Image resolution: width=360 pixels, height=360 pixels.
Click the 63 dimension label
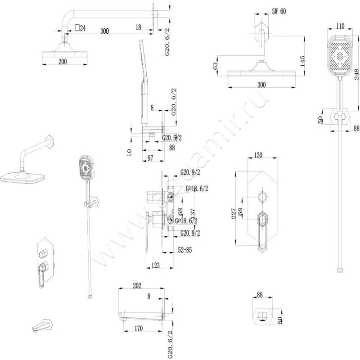pyautogui.click(x=216, y=66)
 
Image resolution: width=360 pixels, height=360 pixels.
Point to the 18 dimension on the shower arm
pyautogui.click(x=139, y=27)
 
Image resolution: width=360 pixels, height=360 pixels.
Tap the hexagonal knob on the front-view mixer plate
pyautogui.click(x=263, y=198)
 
